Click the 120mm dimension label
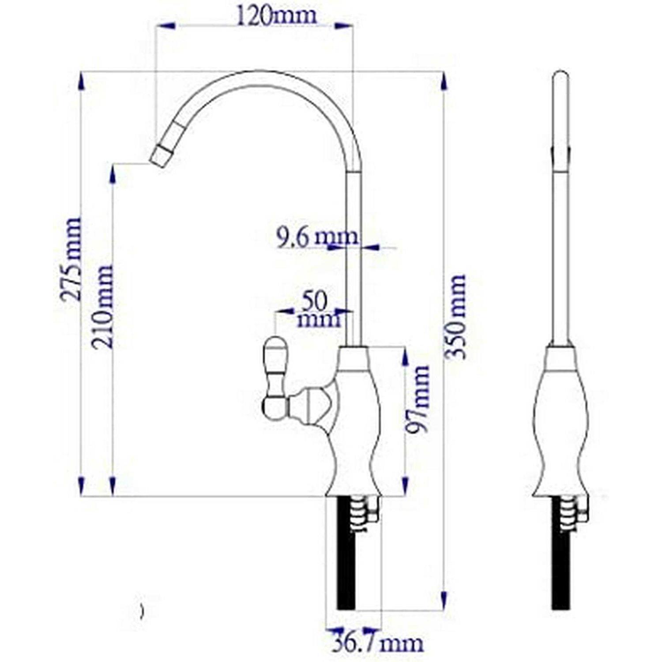[x=276, y=15]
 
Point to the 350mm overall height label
[x=456, y=316]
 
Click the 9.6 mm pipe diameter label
[x=317, y=237]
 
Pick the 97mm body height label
[x=418, y=399]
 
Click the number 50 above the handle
[x=315, y=301]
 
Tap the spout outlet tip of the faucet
[x=159, y=157]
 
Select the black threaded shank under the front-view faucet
[x=346, y=556]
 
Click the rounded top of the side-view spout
[x=560, y=77]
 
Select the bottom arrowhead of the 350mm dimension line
[x=444, y=600]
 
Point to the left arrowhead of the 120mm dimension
[x=165, y=26]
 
